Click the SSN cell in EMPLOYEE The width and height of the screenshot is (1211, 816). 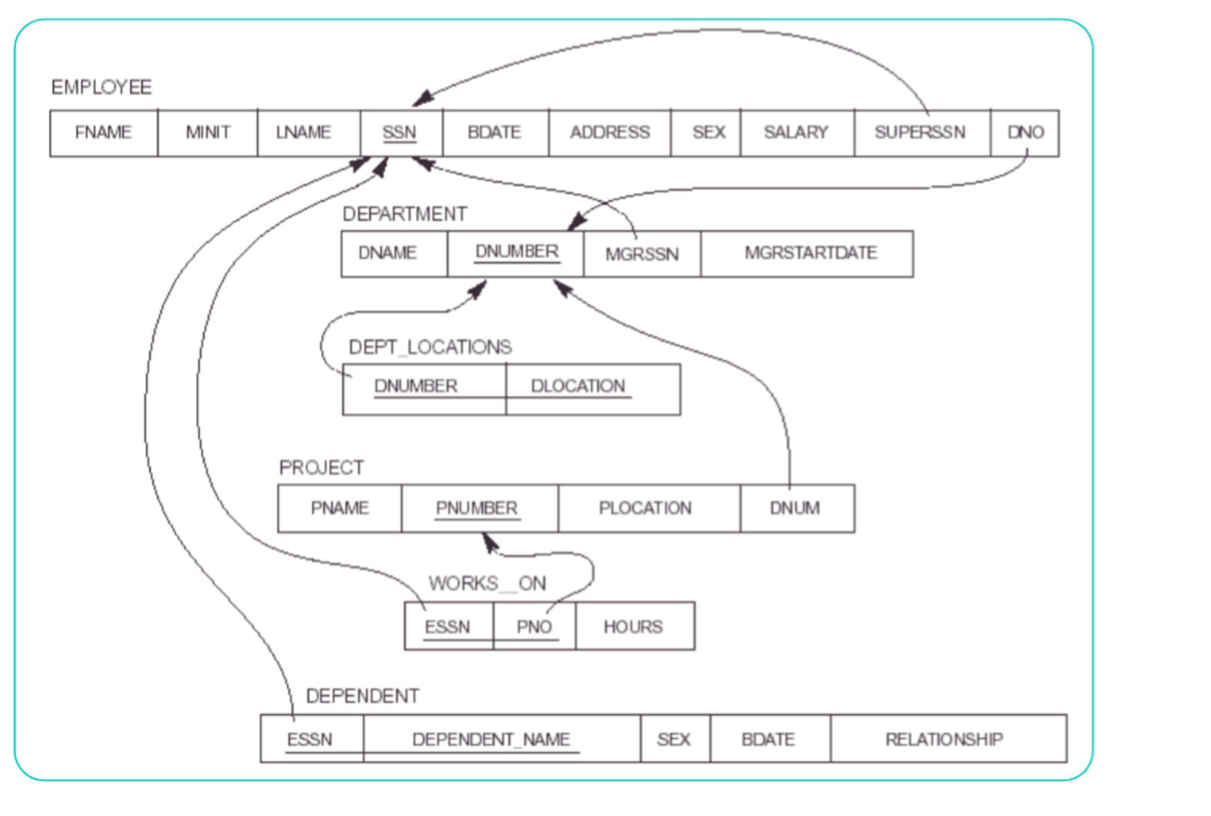pyautogui.click(x=400, y=133)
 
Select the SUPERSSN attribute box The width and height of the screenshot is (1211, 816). pyautogui.click(x=921, y=133)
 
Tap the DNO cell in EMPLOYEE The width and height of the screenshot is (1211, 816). pyautogui.click(x=1025, y=133)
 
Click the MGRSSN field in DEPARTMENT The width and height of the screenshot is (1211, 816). pyautogui.click(x=641, y=255)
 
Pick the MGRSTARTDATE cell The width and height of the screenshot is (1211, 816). pyautogui.click(x=810, y=254)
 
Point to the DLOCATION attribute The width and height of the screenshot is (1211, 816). pyautogui.click(x=578, y=387)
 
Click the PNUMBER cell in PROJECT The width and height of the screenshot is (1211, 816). pyautogui.click(x=478, y=508)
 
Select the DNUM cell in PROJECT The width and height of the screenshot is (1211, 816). pyautogui.click(x=796, y=508)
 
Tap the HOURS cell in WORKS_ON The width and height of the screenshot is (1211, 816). pyautogui.click(x=633, y=627)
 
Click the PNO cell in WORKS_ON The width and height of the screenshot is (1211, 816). pyautogui.click(x=534, y=627)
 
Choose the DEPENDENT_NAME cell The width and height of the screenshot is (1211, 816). pyautogui.click(x=492, y=740)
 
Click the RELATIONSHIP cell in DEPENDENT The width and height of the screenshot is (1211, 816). pyautogui.click(x=945, y=740)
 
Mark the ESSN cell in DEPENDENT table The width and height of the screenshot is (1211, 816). pyautogui.click(x=310, y=740)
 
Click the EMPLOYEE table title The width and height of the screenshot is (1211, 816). pyautogui.click(x=102, y=88)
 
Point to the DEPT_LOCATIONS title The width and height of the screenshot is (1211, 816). pyautogui.click(x=430, y=347)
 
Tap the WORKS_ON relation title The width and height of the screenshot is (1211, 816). pyautogui.click(x=487, y=583)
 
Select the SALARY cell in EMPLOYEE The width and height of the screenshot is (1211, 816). pyautogui.click(x=796, y=133)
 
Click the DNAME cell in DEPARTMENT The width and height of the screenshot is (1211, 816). pyautogui.click(x=388, y=254)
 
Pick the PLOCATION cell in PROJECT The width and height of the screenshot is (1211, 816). pyautogui.click(x=645, y=508)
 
